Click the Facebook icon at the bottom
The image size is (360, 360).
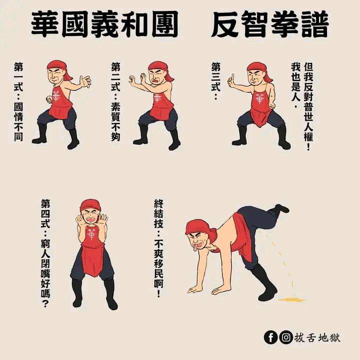coord(271,337)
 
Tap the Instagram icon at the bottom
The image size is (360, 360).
coord(286,337)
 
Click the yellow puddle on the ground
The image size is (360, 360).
coord(291,299)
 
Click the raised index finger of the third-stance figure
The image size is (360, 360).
coord(232,77)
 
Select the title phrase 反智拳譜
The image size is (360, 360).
coord(270,24)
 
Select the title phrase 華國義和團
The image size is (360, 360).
coord(104,24)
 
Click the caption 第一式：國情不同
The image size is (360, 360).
coord(18,101)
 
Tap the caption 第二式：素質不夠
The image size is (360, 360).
coord(115,101)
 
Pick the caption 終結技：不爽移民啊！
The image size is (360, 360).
coord(158,248)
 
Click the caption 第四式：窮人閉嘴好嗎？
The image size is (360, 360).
coord(45,253)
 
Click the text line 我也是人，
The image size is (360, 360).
coord(295,85)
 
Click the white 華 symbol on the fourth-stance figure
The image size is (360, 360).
coord(91,233)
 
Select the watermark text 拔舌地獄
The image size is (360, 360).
coord(317,337)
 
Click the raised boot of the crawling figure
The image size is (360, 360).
coord(280,208)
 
